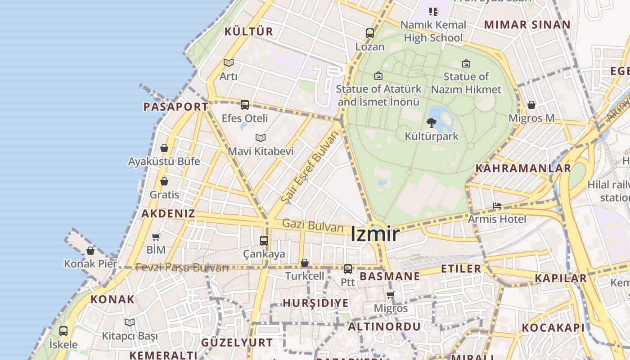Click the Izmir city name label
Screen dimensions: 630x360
375,234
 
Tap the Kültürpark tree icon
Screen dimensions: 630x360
431,122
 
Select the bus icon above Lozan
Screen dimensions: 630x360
370,33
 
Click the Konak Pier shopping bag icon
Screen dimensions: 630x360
90,251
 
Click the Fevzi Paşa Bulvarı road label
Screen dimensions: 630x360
182,267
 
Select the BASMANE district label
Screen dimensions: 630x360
390,276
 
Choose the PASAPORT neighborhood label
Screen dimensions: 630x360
176,107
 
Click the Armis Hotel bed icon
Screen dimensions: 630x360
497,206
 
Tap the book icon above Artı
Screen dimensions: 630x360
229,63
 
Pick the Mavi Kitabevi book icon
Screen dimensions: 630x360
260,138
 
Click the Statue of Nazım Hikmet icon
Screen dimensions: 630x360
466,63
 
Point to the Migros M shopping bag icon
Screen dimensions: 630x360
531,105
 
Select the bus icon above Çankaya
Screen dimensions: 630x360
264,241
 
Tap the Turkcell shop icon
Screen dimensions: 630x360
305,263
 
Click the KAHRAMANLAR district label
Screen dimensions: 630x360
523,168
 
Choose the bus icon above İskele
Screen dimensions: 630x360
63,331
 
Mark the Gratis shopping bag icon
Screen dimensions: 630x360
164,181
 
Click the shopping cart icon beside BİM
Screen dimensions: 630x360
156,236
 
